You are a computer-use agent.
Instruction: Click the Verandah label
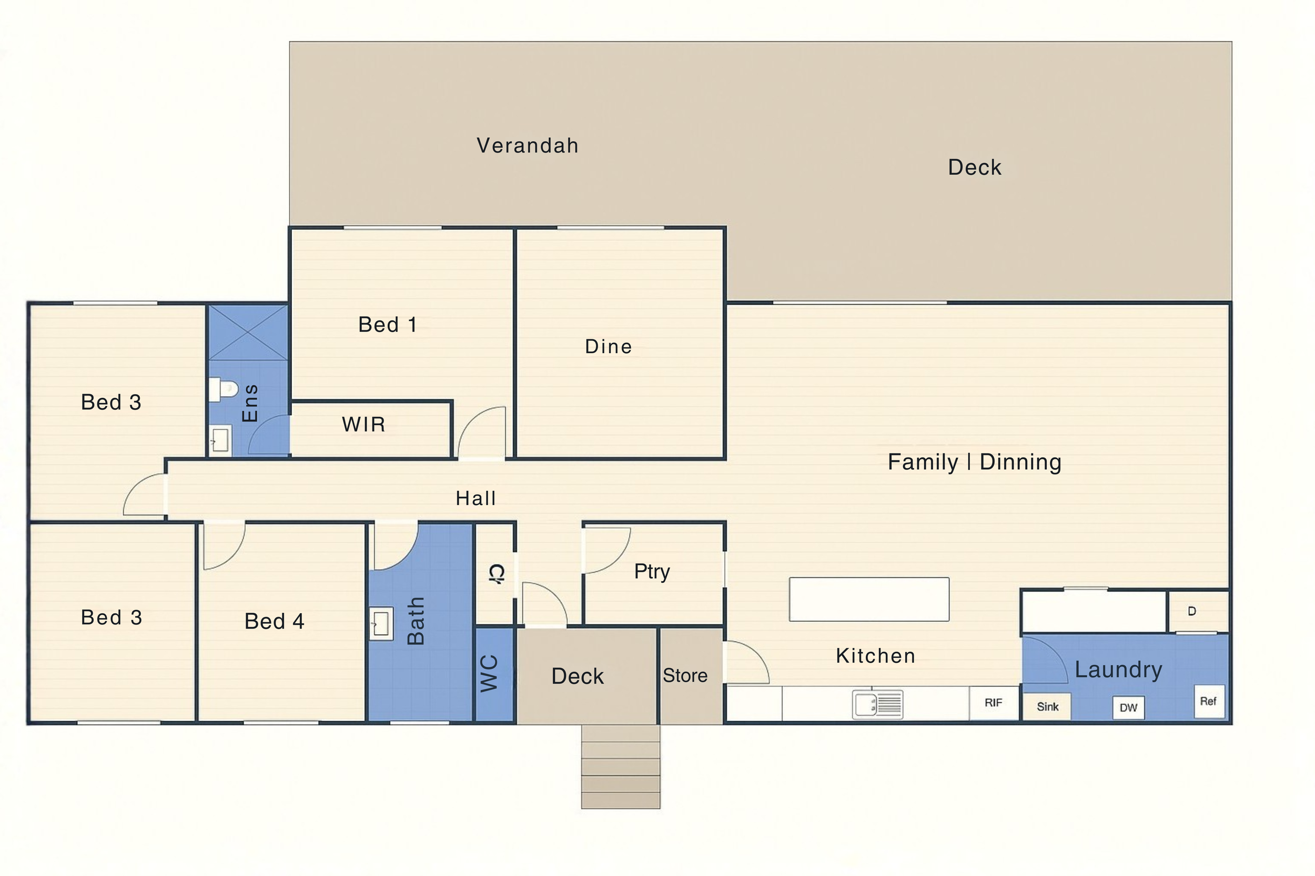click(x=527, y=146)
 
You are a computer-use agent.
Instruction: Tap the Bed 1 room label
click(x=388, y=325)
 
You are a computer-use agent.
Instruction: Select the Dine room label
click(x=608, y=346)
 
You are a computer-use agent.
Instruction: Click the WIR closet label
click(x=363, y=425)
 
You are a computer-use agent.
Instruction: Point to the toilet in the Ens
click(x=223, y=389)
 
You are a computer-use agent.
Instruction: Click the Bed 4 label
click(x=274, y=621)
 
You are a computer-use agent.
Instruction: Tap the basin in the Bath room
click(x=381, y=623)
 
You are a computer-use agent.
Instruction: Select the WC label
click(x=489, y=674)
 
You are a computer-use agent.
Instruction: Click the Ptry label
click(x=652, y=572)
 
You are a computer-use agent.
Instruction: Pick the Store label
click(x=685, y=675)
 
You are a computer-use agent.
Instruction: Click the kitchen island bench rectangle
click(x=869, y=600)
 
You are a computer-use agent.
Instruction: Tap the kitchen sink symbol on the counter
click(x=877, y=704)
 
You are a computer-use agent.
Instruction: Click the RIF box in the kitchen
click(x=994, y=703)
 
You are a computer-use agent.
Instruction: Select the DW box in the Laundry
click(x=1128, y=708)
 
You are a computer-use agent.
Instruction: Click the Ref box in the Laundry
click(x=1208, y=701)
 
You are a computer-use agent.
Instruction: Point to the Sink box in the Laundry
click(x=1047, y=707)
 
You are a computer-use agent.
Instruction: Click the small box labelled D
click(x=1192, y=611)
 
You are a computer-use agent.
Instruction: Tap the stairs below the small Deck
click(x=621, y=767)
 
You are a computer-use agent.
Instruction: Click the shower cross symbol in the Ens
click(x=248, y=333)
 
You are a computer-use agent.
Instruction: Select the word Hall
click(x=476, y=498)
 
